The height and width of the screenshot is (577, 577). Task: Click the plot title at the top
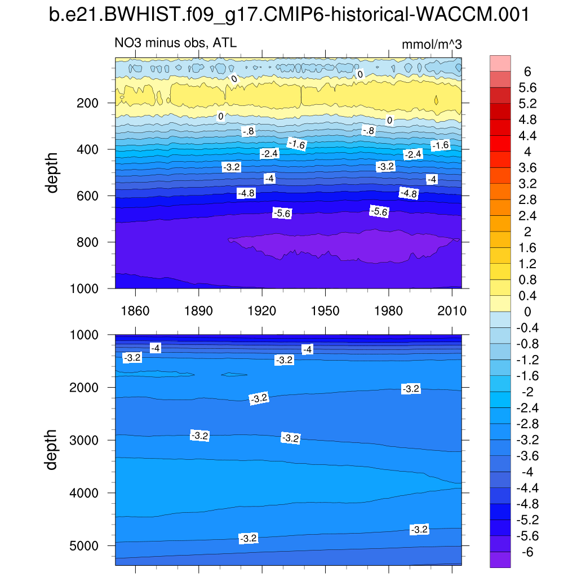[x=288, y=15]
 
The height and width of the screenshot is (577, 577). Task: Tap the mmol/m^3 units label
[x=432, y=45]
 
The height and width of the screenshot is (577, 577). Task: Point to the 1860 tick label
[x=135, y=311]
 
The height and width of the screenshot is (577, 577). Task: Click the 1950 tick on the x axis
[x=326, y=311]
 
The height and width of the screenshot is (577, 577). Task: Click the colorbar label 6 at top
[x=527, y=72]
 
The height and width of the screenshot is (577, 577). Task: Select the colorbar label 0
[x=527, y=312]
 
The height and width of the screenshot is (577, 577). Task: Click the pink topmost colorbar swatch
[x=500, y=63]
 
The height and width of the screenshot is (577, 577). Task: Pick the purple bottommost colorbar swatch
[x=500, y=560]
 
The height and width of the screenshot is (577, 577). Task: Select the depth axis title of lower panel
[x=52, y=449]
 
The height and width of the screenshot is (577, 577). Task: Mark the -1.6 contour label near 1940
[x=296, y=144]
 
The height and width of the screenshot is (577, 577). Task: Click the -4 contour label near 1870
[x=156, y=348]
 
